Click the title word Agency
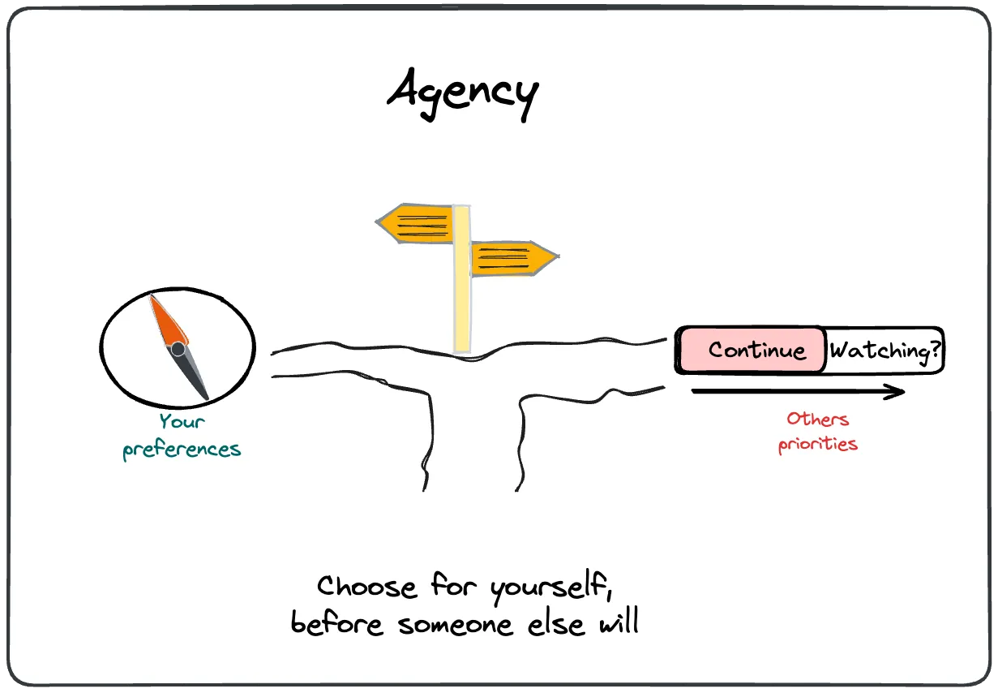(462, 91)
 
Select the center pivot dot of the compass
(178, 349)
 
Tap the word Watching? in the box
(886, 351)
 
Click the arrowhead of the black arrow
(895, 392)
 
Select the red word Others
(817, 420)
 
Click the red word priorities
(817, 445)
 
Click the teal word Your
(182, 422)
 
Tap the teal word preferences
(182, 450)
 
